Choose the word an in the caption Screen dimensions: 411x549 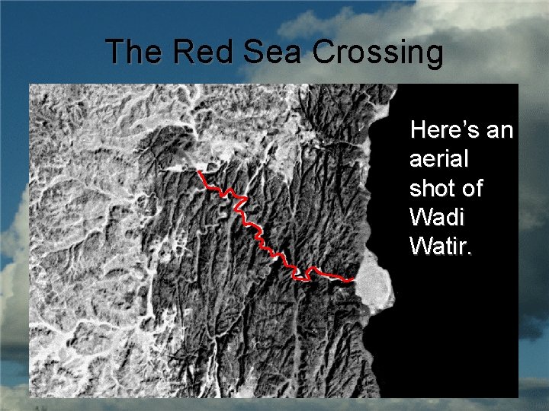[x=499, y=131]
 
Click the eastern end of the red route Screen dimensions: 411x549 [x=353, y=281]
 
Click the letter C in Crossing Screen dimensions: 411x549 [x=325, y=53]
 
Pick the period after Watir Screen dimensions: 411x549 [x=468, y=253]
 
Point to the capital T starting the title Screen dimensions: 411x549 [x=115, y=53]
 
